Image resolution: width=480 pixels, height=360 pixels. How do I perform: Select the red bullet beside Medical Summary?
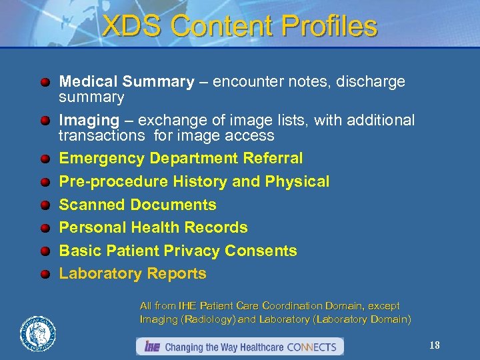[x=45, y=82]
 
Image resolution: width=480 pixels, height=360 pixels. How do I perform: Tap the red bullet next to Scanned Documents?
[x=45, y=205]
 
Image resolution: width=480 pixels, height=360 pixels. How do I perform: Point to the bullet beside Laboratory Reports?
[x=45, y=274]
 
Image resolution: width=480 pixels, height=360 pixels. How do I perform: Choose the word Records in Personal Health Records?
[x=217, y=227]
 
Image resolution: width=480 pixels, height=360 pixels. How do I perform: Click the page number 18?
[x=435, y=345]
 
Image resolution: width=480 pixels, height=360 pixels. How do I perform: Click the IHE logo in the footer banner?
[x=151, y=347]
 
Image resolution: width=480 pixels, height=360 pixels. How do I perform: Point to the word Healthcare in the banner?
[x=259, y=347]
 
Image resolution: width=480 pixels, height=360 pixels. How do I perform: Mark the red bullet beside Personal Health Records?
[x=45, y=228]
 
